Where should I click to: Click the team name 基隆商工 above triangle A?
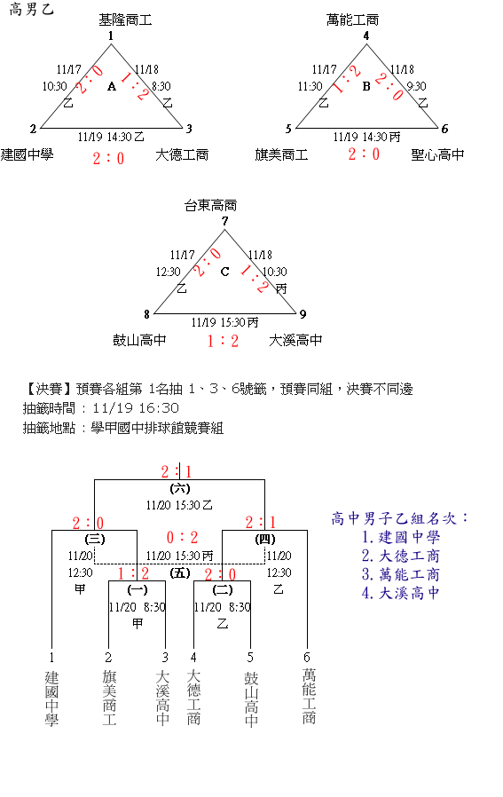[125, 20]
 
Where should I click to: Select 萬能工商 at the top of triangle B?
[352, 20]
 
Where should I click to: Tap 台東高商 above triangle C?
[210, 205]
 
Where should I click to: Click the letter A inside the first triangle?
[112, 86]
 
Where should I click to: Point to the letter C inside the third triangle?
[224, 272]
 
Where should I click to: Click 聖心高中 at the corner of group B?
[437, 154]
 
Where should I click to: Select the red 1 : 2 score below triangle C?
[223, 341]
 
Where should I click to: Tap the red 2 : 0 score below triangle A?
[108, 159]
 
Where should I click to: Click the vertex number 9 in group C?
[303, 314]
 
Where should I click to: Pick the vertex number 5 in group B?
[288, 129]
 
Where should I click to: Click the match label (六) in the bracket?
[180, 488]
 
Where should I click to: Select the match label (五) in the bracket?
[180, 573]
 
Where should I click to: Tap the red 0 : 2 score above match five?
[182, 537]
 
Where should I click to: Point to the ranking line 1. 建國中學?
[401, 537]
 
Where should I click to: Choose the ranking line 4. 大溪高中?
[401, 593]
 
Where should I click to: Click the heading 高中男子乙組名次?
[399, 518]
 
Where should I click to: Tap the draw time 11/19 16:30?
[136, 408]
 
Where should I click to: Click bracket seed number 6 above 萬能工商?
[306, 658]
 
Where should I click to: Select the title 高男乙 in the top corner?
[32, 9]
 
